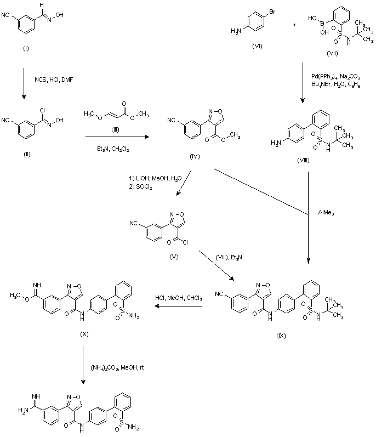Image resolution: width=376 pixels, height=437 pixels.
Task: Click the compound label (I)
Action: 26,49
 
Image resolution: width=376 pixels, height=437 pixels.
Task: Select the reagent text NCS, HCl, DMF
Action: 54,80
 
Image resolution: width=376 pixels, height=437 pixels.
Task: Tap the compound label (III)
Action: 115,130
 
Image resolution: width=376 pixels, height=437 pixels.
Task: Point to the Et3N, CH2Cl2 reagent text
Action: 113,149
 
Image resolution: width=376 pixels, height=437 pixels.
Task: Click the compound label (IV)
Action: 195,156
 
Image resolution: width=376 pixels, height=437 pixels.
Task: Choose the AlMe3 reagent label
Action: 326,213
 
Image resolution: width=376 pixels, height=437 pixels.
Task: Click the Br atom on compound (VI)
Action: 272,12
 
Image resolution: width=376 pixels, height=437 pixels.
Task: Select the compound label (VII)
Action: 332,53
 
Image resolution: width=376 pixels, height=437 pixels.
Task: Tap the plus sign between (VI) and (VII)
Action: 294,25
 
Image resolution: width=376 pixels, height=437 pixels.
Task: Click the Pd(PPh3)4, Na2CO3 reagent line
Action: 335,77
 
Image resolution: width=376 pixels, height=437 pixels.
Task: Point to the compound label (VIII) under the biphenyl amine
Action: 303,160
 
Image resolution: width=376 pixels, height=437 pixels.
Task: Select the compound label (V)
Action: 174,257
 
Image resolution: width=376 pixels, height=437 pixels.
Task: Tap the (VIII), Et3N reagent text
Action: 229,257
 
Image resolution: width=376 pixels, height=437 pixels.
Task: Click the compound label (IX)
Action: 281,336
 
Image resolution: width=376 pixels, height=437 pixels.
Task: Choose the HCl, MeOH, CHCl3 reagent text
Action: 179,298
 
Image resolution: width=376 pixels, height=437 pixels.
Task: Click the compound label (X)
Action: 84,334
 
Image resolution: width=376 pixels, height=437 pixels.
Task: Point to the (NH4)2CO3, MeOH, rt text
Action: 117,367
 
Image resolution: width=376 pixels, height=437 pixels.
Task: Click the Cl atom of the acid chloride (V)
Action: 185,242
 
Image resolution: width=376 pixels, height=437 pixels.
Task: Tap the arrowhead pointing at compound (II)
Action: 24,97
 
